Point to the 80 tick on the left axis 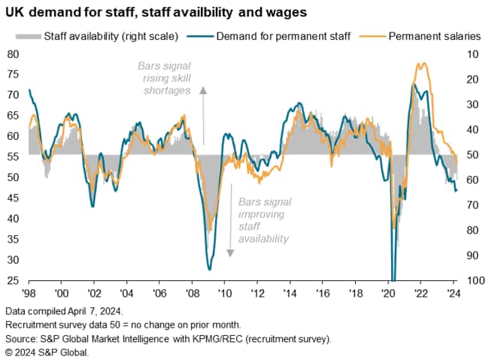(14, 54)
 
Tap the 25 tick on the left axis (14, 280)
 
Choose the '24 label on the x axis (454, 293)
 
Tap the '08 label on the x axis (193, 293)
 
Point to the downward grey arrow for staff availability (230, 218)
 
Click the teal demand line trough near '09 (209, 269)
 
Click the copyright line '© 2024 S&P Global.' (47, 351)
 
